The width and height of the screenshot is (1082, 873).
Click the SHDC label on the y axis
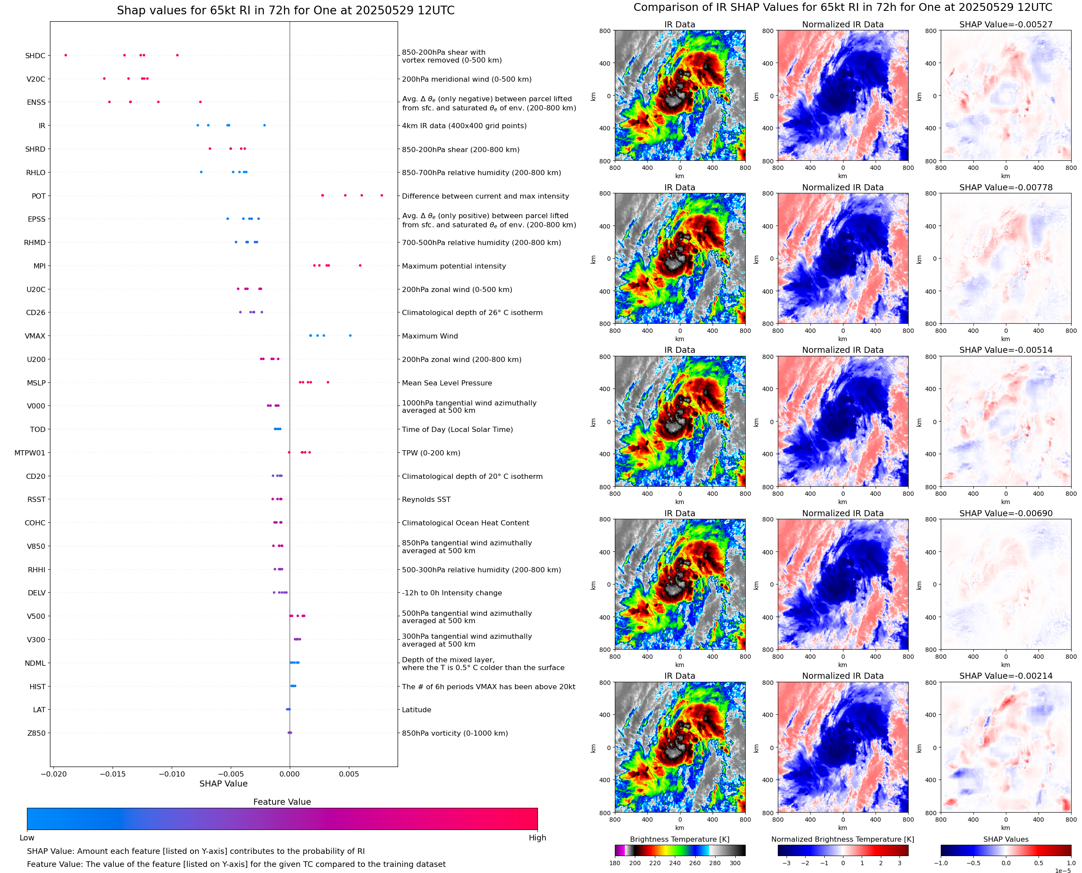click(x=35, y=56)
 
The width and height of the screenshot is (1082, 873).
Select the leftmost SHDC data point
click(x=66, y=55)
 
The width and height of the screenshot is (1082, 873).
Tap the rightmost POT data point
click(x=382, y=195)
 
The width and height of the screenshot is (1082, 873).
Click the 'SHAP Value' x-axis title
click(x=223, y=783)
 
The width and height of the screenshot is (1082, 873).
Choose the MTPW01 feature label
click(x=30, y=453)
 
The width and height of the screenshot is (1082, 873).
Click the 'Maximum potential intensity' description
click(x=454, y=266)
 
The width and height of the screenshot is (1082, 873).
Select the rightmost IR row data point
click(x=265, y=125)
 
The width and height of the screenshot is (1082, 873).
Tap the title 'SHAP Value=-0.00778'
click(x=1006, y=188)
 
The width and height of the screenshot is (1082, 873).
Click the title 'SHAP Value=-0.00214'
click(x=1006, y=676)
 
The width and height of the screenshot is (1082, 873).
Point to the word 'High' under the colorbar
click(x=537, y=838)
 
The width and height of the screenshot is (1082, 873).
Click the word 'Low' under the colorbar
click(x=27, y=838)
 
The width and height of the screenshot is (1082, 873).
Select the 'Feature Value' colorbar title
click(x=282, y=802)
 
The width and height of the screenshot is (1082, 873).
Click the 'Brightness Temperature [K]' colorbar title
click(x=679, y=839)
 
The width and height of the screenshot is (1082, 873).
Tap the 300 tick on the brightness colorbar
click(x=735, y=863)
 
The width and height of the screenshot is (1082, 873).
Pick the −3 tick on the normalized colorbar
click(x=787, y=863)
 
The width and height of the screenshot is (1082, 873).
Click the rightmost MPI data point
click(x=360, y=266)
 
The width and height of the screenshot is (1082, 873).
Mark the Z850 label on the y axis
click(x=36, y=733)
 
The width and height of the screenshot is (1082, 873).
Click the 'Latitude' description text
click(x=416, y=710)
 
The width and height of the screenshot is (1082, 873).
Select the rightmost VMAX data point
click(x=350, y=335)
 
